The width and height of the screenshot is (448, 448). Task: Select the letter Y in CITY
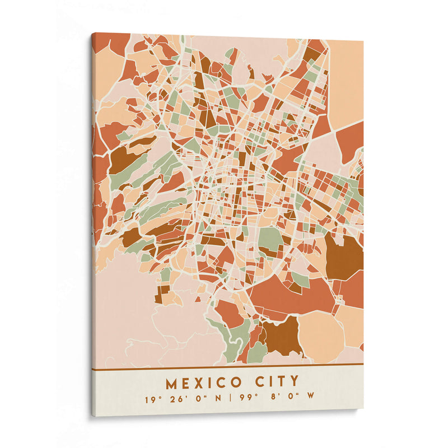[293, 382]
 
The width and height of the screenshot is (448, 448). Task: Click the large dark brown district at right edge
[343, 256]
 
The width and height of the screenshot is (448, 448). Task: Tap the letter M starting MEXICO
[171, 384]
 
